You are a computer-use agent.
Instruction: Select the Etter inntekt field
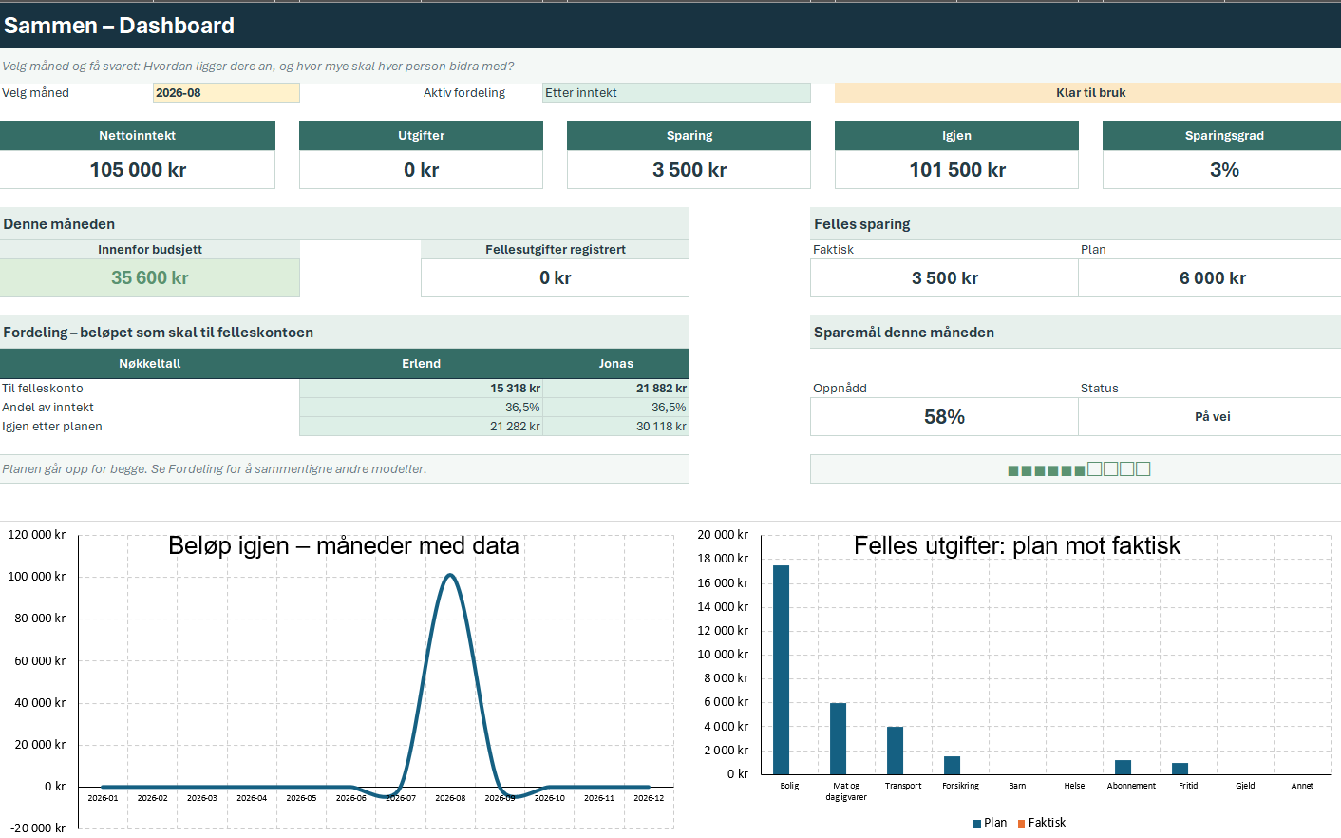point(676,93)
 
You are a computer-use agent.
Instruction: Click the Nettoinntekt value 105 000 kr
point(138,170)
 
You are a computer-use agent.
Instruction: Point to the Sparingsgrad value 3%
point(1224,170)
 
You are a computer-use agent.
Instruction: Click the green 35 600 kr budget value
point(150,278)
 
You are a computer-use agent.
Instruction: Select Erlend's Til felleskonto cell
point(421,389)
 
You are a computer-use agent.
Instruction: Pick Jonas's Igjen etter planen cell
point(616,427)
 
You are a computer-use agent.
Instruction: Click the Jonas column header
point(616,364)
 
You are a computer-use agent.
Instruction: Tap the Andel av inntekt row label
point(47,408)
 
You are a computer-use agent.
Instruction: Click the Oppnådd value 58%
point(944,417)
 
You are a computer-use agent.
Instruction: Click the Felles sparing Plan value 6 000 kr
point(1212,278)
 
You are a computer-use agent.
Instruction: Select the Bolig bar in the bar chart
point(781,670)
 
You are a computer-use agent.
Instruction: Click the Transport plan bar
point(895,751)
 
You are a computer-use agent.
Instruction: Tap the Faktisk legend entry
point(1042,823)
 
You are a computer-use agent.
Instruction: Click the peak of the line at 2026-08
point(450,575)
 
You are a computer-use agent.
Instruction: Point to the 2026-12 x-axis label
point(649,798)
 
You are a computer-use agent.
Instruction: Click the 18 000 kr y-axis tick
point(723,559)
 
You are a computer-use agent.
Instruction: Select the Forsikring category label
point(960,786)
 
